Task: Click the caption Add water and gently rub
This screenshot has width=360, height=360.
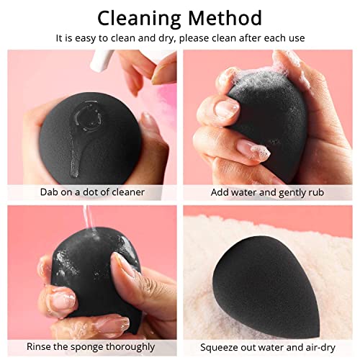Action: (268, 192)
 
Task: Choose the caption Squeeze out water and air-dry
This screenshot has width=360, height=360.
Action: (268, 347)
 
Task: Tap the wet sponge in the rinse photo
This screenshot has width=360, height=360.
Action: (83, 281)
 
